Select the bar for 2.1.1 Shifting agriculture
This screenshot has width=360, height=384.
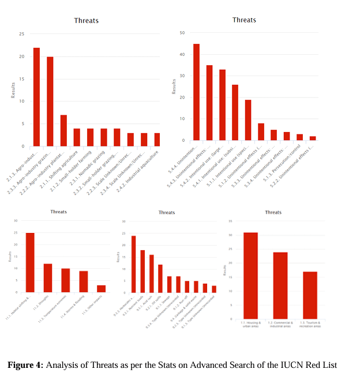pos(77,137)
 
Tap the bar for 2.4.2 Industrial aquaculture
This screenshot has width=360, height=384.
pos(157,140)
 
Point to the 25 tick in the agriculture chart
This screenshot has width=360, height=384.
pos(22,34)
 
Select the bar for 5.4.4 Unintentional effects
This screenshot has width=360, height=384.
pos(196,92)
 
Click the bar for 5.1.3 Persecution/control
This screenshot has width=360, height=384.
pos(299,137)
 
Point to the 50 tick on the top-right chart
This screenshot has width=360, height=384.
pos(182,32)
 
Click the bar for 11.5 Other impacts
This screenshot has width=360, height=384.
pos(101,288)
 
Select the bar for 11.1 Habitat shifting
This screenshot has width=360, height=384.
pos(30,262)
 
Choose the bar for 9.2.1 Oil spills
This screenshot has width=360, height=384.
pos(160,278)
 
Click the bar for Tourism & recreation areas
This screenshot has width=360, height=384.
pos(310,295)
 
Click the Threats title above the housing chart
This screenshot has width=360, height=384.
pos(273,212)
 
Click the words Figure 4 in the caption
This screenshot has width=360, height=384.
pos(25,365)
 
